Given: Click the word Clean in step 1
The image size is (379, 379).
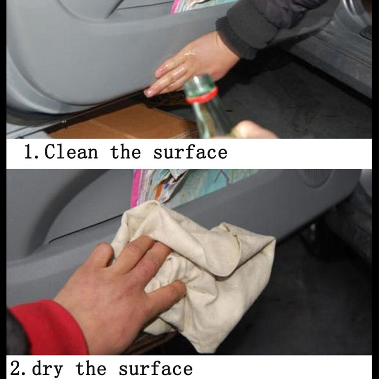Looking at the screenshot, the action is click(71, 152).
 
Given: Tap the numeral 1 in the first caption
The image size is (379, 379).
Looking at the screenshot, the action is click(29, 152).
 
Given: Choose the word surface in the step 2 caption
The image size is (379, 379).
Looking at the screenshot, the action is click(156, 368).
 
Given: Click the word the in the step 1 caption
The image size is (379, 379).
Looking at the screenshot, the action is click(125, 152).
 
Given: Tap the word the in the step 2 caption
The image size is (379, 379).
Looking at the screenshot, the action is click(91, 368).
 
